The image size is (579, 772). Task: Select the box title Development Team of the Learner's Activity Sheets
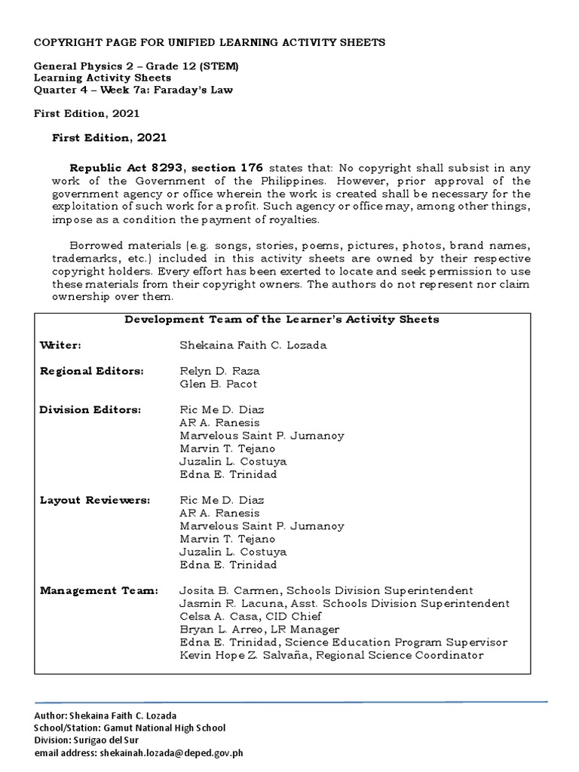tap(281, 319)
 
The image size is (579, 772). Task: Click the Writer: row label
tap(60, 345)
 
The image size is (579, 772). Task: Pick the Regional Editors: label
tap(91, 371)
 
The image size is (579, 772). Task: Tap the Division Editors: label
tap(90, 409)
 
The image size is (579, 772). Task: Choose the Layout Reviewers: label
tap(94, 500)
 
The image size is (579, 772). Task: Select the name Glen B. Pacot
tap(218, 384)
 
